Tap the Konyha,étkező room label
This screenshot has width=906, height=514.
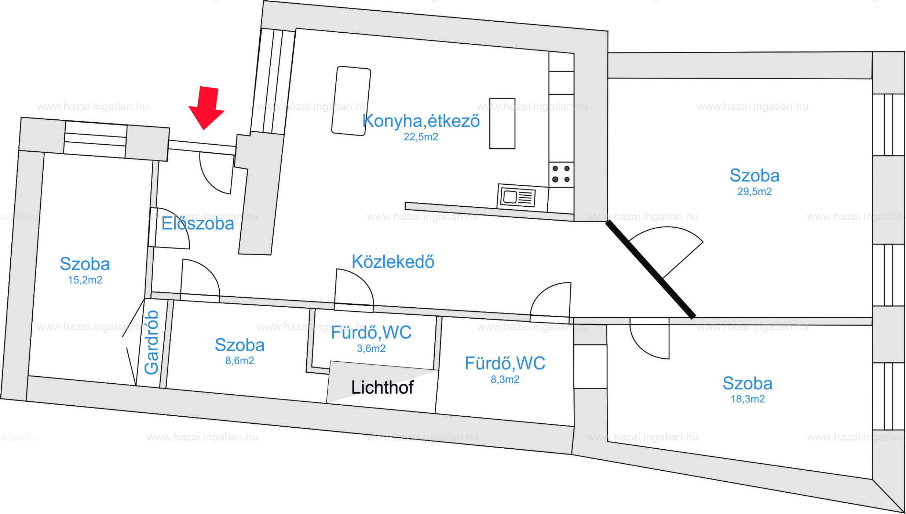[421, 121]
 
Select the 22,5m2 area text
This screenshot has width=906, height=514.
[421, 137]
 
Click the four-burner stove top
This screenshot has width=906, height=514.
[561, 174]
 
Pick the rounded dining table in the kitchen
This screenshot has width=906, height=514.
[351, 101]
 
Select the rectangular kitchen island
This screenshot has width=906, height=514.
[502, 123]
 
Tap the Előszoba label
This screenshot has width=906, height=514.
[197, 224]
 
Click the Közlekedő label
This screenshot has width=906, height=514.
[392, 262]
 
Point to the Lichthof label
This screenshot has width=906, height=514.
[382, 388]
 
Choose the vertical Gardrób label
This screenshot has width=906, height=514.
[151, 342]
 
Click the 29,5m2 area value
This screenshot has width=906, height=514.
[754, 192]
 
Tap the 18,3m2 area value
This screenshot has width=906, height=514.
[748, 399]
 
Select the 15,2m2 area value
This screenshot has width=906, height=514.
[85, 280]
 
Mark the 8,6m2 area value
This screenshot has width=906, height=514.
[240, 361]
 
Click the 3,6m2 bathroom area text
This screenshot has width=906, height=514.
[371, 348]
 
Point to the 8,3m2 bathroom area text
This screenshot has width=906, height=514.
[505, 379]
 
